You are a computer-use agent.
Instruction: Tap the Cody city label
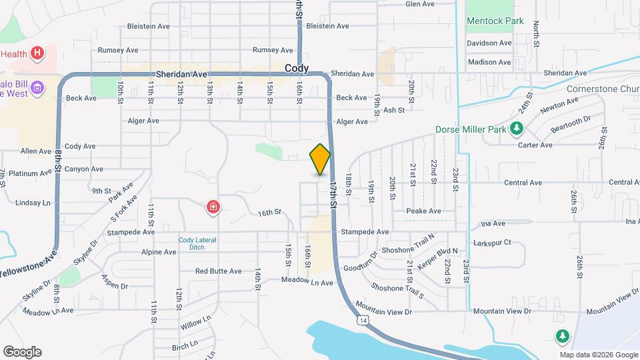297,69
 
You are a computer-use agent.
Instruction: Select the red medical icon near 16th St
213,208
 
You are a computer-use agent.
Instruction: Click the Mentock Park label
495,21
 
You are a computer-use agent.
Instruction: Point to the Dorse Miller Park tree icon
515,128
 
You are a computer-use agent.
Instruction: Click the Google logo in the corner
22,351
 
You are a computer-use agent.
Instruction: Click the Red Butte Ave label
218,271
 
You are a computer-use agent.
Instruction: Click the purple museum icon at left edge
37,87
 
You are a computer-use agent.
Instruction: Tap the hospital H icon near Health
38,53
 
